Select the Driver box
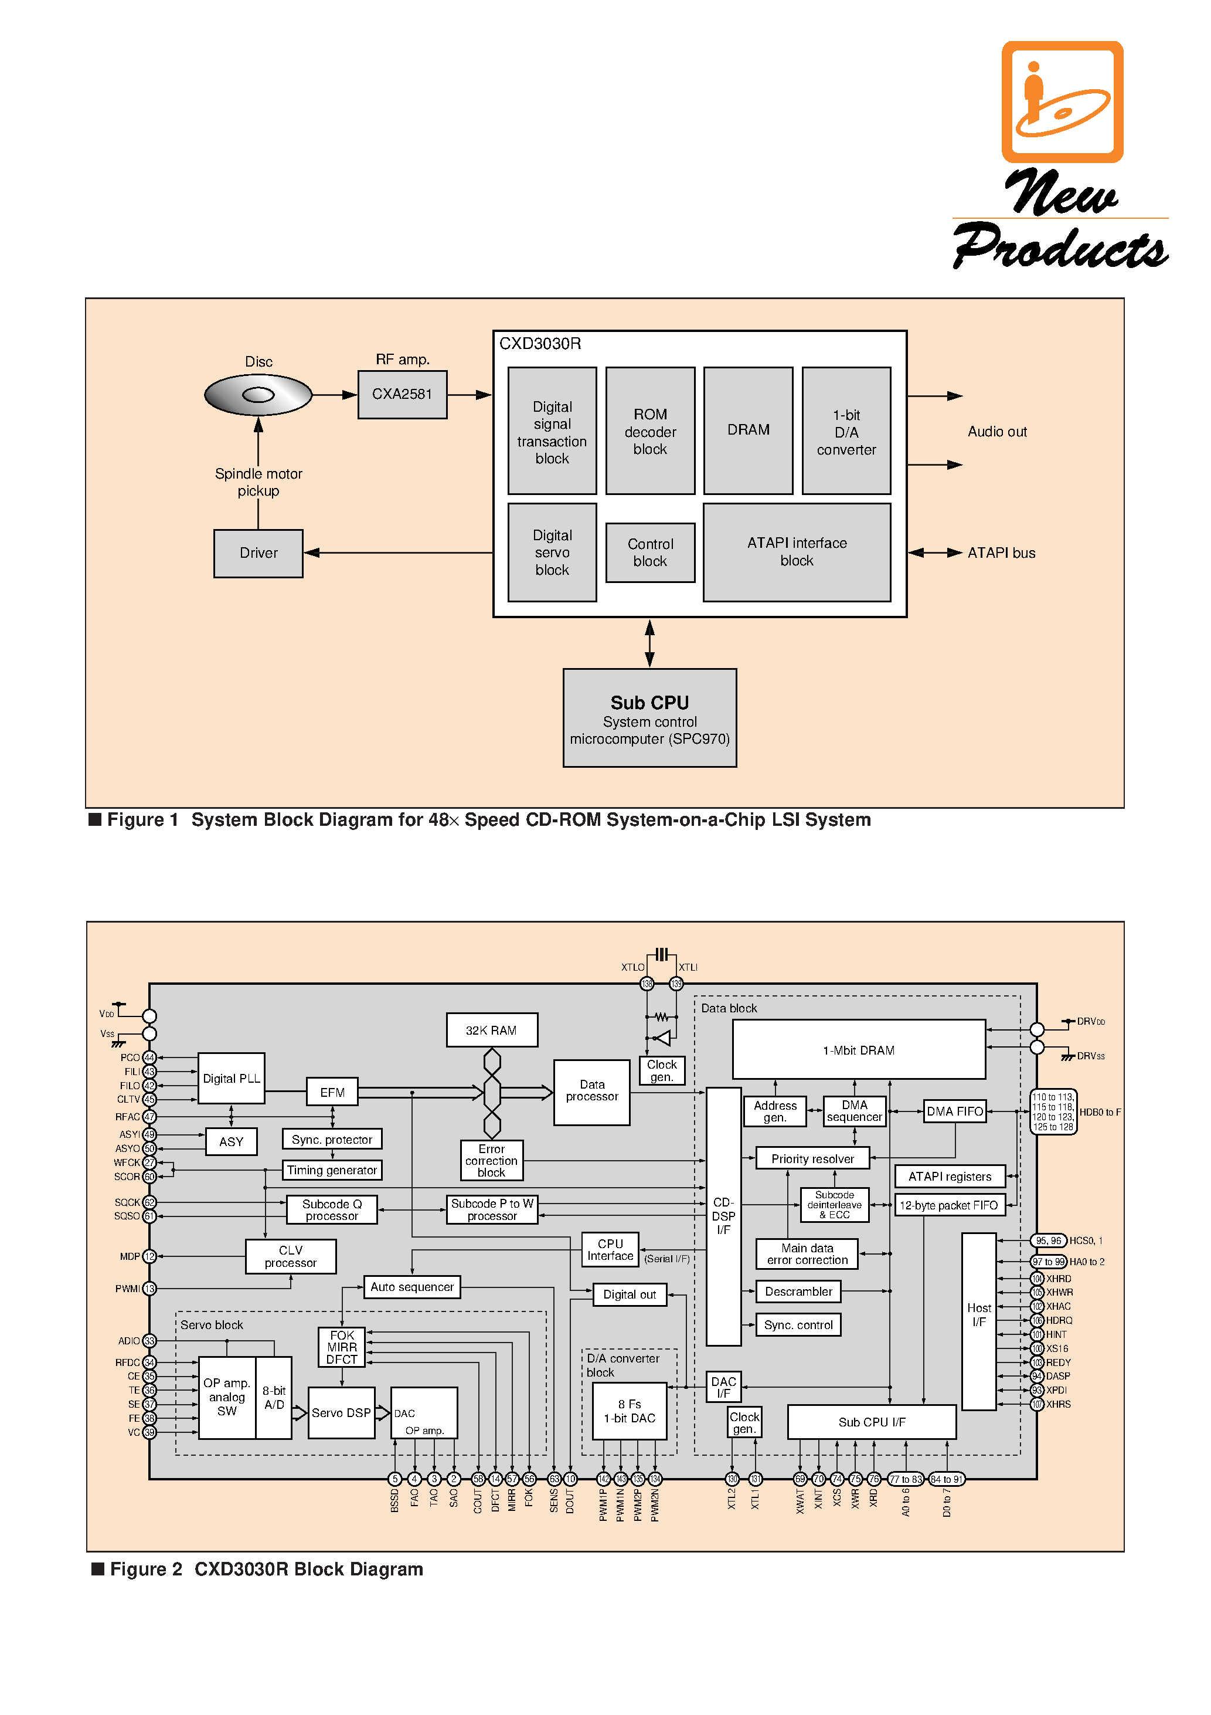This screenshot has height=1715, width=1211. click(258, 554)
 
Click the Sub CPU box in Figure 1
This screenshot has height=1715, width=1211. click(649, 718)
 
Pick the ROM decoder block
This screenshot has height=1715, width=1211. click(649, 431)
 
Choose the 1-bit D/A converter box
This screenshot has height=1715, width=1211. click(846, 431)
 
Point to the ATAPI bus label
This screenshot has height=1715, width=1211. click(1001, 554)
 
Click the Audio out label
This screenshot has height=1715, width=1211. click(996, 432)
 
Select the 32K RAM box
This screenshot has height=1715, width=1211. click(491, 1030)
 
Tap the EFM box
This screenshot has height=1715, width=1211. click(332, 1092)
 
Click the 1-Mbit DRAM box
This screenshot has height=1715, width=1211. click(859, 1049)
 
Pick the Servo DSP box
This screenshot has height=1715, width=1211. click(341, 1412)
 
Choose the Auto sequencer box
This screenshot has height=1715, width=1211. click(412, 1287)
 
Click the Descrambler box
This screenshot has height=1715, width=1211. click(798, 1292)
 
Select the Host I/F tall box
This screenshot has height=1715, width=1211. click(979, 1321)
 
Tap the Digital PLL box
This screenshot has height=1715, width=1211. click(232, 1079)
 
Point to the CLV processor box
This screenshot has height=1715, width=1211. click(290, 1256)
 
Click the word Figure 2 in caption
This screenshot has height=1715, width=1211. click(147, 1570)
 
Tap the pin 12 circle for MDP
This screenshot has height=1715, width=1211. click(149, 1256)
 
